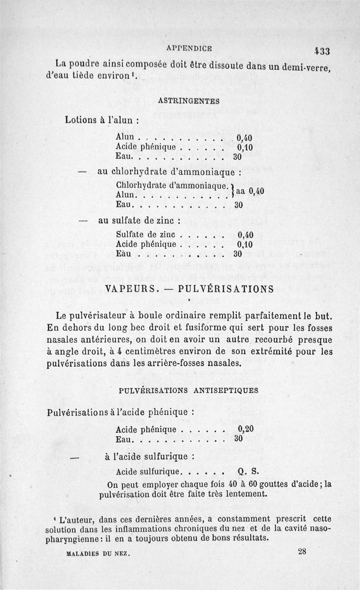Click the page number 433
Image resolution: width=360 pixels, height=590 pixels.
(x=323, y=51)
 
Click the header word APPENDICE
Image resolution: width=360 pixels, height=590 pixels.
(x=189, y=48)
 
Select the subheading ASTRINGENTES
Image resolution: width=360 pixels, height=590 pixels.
(x=189, y=101)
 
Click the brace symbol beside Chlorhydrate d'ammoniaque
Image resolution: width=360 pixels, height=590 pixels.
(x=231, y=190)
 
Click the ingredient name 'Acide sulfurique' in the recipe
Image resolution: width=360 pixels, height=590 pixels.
(x=148, y=472)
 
